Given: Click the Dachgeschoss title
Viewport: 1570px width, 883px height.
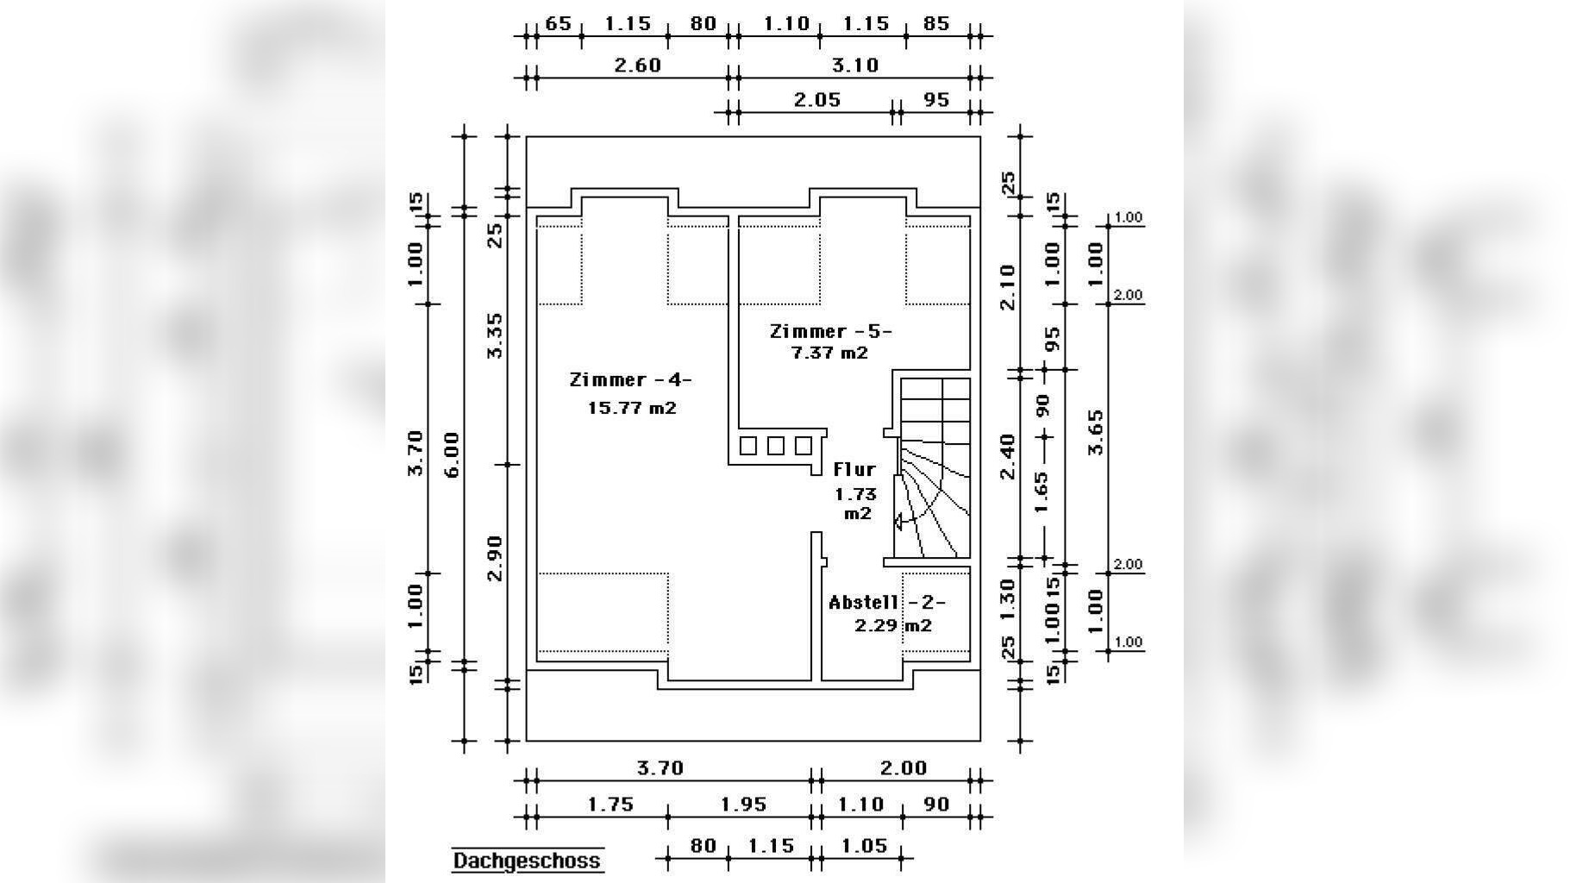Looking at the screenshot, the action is [527, 861].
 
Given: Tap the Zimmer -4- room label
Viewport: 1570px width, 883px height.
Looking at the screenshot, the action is [631, 379].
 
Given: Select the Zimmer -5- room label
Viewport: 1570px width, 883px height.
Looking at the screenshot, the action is [830, 331].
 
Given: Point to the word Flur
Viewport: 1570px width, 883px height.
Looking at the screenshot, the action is [854, 469].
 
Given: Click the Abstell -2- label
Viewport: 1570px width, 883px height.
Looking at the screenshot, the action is [887, 602].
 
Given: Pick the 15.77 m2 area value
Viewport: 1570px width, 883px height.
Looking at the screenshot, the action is [632, 407].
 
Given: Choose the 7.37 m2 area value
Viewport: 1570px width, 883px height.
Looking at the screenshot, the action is [829, 353].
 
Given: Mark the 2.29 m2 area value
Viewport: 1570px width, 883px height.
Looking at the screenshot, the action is [893, 625].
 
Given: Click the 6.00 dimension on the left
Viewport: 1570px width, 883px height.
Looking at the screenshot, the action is [451, 454].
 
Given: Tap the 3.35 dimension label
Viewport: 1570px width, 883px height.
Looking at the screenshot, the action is [495, 335].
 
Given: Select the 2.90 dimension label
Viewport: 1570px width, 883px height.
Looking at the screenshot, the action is [495, 558].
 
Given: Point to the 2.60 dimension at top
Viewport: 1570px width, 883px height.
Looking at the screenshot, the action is [637, 65].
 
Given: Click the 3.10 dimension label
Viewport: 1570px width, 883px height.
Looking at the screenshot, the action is [854, 65].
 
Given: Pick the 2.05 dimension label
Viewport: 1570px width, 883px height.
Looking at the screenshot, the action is [816, 99].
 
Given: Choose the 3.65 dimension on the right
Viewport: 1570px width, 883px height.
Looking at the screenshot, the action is [1095, 432].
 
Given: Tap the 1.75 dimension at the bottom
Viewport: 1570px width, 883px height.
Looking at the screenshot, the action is [610, 804].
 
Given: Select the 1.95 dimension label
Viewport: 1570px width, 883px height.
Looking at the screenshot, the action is [743, 804].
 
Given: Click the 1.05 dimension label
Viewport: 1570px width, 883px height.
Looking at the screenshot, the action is [864, 845].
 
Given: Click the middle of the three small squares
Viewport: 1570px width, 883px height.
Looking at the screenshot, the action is [776, 446].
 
